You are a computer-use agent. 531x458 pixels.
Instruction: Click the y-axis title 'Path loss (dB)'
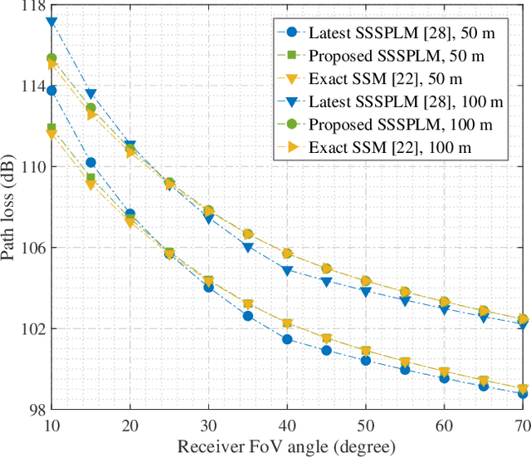(12, 207)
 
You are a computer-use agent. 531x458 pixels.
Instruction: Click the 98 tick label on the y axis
(34, 410)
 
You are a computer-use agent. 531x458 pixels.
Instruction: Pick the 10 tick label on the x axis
(51, 425)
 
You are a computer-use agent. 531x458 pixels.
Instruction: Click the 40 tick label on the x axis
(287, 425)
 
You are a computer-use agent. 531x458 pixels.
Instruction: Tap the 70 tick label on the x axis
(523, 425)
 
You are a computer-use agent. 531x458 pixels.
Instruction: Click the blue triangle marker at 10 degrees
(51, 22)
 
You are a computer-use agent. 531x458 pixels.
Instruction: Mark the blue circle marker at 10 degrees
(51, 91)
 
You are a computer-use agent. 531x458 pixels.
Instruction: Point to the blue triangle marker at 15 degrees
(91, 94)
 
